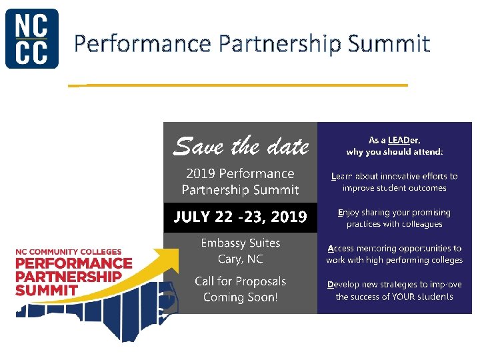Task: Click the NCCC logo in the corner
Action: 32,38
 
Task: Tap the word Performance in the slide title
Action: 143,44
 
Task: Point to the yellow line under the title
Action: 240,85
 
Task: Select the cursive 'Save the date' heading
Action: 241,145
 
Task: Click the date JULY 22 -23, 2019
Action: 241,217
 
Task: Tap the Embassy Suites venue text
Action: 241,243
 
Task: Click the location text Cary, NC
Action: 241,259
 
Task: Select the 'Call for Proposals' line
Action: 241,281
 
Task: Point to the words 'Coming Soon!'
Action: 241,297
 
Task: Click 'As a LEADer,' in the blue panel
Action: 395,141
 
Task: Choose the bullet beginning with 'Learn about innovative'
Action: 395,182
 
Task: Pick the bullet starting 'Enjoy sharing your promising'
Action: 395,218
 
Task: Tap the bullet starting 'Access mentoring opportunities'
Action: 395,254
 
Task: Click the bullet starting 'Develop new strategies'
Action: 395,290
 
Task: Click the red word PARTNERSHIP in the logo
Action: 69,277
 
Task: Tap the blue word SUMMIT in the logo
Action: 47,290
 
